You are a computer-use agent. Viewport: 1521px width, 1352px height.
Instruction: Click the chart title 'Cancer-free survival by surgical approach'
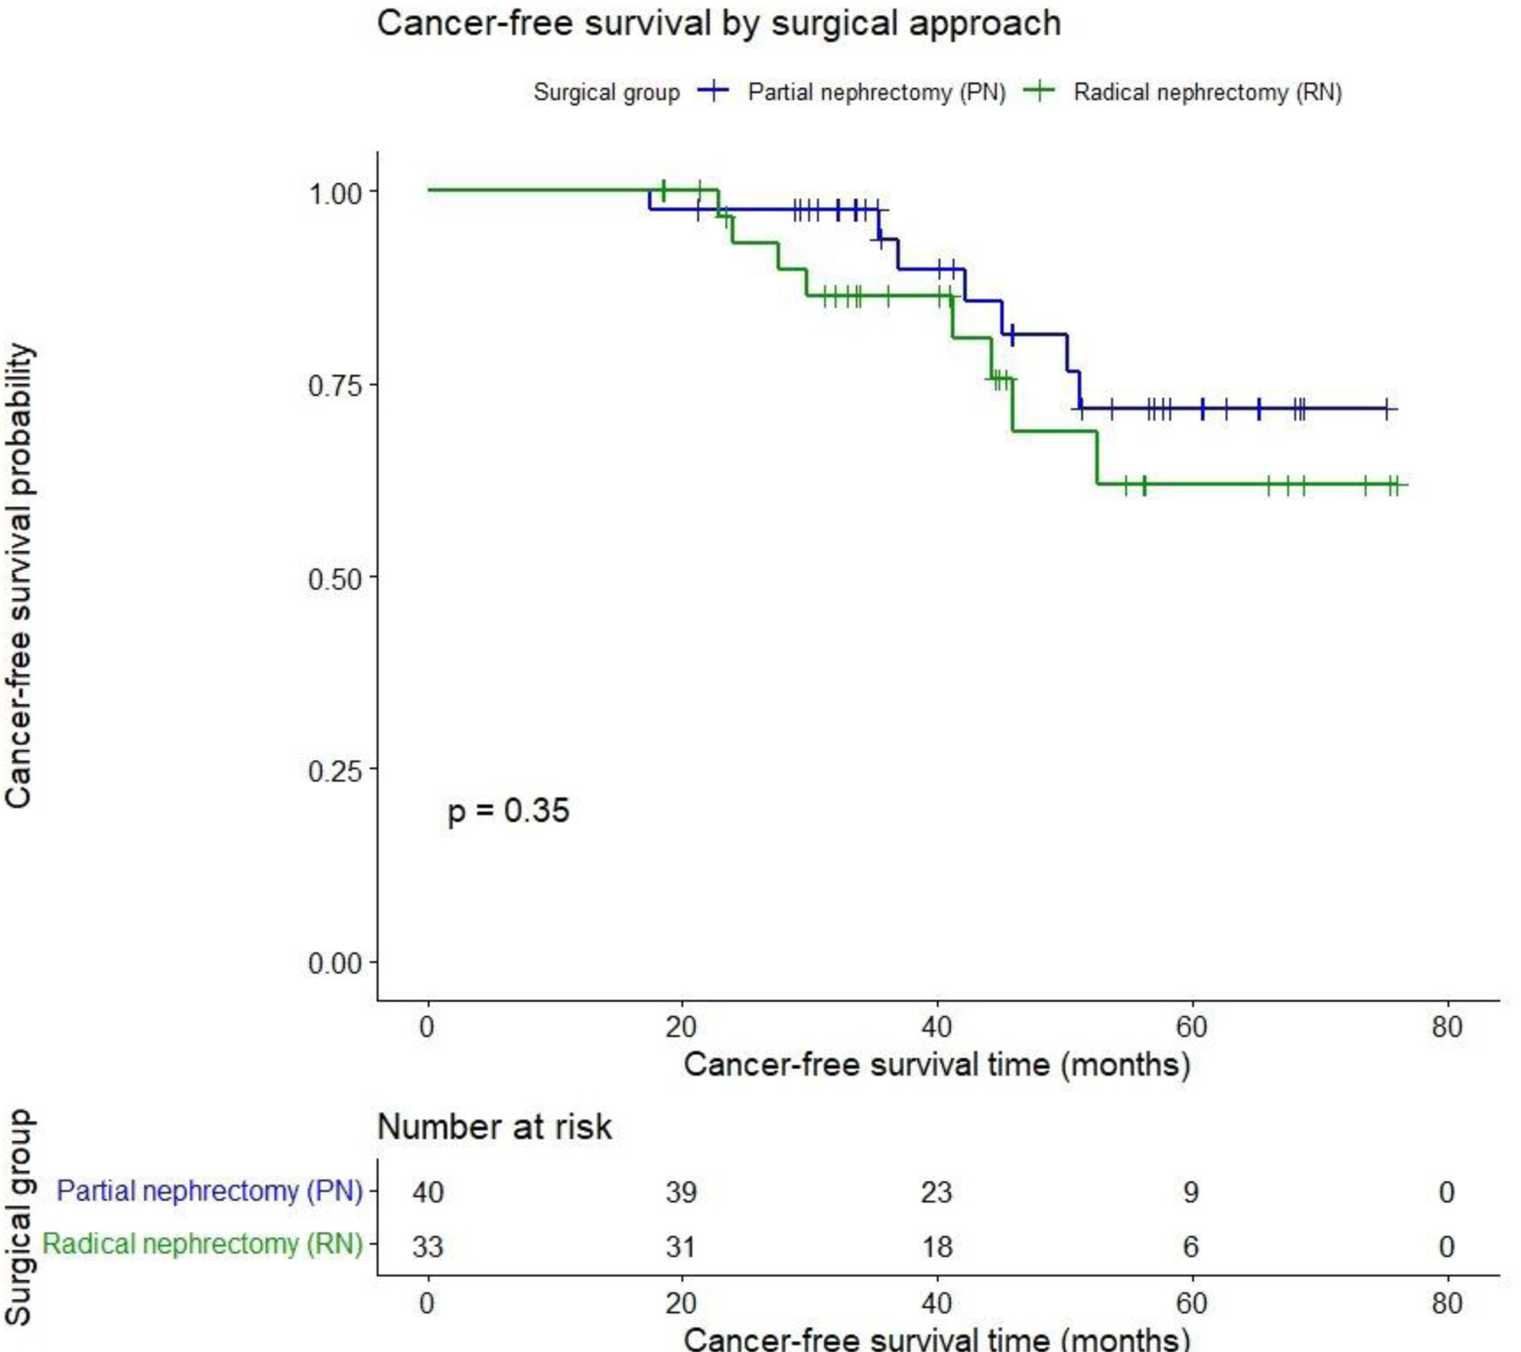[718, 23]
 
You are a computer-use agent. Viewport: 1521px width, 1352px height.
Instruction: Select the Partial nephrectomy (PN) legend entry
[876, 92]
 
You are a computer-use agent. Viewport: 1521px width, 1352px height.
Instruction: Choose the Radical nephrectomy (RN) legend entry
[1207, 92]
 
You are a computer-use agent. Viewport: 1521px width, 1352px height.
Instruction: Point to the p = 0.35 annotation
[508, 810]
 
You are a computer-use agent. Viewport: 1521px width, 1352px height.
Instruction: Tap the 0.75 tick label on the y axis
[335, 385]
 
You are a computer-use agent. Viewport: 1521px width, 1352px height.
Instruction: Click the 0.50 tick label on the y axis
[335, 579]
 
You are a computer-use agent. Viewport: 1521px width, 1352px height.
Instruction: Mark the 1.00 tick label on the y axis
[335, 193]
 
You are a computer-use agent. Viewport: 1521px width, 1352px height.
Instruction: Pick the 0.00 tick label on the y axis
[335, 963]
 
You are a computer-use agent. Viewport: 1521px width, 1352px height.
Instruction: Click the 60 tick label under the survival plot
[1191, 1027]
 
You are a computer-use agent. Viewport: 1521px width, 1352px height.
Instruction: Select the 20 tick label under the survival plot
[682, 1027]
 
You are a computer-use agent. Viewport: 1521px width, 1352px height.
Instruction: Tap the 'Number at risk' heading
[494, 1127]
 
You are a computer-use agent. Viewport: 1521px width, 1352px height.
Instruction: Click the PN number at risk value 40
[427, 1192]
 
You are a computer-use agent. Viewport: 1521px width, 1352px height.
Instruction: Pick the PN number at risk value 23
[936, 1192]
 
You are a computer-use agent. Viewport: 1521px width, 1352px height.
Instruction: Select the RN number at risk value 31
[682, 1246]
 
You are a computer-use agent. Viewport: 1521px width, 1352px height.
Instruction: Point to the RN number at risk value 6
[1191, 1246]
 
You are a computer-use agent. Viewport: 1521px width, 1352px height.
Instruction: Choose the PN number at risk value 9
[1191, 1192]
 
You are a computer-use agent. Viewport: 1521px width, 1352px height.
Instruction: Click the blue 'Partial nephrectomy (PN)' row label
[209, 1191]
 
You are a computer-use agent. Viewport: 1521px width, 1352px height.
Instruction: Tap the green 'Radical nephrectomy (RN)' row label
[203, 1245]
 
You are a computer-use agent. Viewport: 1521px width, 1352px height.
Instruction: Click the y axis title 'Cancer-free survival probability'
[19, 576]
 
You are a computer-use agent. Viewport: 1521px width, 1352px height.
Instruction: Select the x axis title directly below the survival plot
[936, 1065]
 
